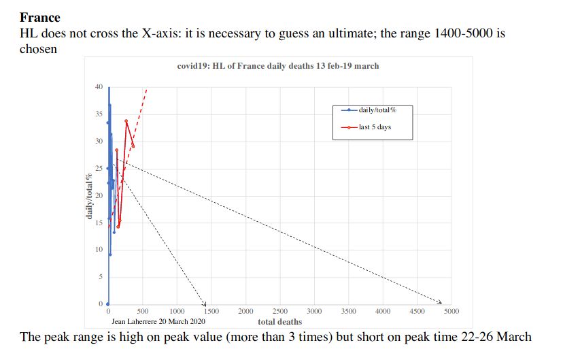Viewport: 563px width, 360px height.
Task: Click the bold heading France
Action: tap(40, 17)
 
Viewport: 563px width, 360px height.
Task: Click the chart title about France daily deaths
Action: tap(277, 66)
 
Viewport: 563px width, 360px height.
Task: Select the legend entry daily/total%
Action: tap(377, 110)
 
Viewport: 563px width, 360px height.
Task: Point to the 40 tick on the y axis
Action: tap(99, 87)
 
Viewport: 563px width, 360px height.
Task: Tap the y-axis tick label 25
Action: tap(99, 168)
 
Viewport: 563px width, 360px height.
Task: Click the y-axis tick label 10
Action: tap(99, 250)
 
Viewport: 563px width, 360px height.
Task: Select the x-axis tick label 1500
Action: tap(211, 312)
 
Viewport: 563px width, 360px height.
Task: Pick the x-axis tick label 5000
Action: tap(451, 312)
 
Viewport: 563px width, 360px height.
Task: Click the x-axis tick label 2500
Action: tap(279, 312)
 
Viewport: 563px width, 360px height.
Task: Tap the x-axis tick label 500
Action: tap(142, 312)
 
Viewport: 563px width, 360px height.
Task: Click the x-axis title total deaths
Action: tap(280, 321)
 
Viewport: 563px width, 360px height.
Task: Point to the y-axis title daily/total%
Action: tap(90, 196)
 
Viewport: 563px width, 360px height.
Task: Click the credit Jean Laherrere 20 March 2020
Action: tap(158, 321)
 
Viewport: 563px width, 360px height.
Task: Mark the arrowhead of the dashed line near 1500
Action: tap(205, 303)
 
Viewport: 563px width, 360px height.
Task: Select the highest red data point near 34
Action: tap(126, 121)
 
